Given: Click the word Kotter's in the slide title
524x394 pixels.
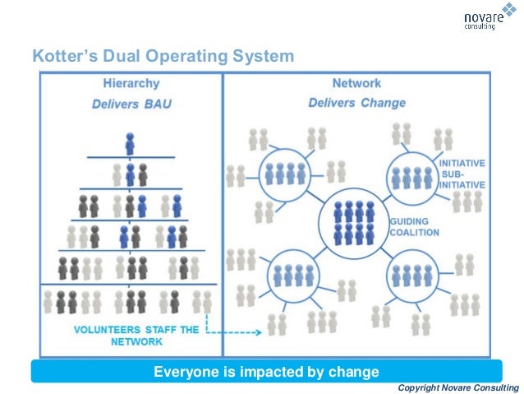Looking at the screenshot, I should (x=62, y=57).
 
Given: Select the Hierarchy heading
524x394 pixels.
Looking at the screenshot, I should (x=131, y=83).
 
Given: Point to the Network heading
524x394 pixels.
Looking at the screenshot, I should (x=356, y=83).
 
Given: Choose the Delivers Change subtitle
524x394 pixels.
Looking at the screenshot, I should (x=356, y=103).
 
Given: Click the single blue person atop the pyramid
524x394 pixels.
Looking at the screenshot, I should (x=130, y=143).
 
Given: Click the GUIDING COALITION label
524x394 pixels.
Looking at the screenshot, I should (x=414, y=227).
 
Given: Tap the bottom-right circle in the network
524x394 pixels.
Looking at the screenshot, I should (x=412, y=271).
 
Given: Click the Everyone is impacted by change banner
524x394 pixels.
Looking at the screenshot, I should (x=266, y=371).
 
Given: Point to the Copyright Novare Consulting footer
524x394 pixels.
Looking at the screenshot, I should (x=457, y=387).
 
